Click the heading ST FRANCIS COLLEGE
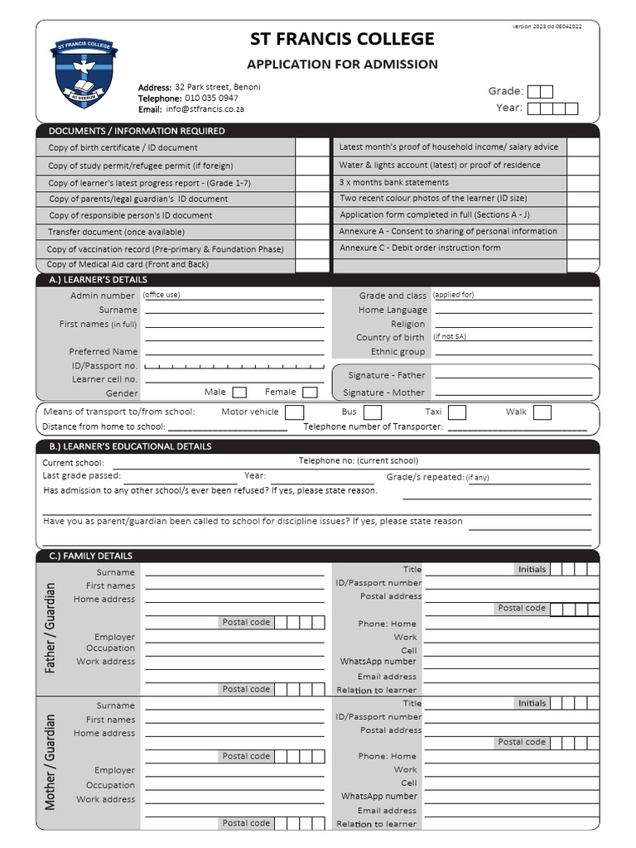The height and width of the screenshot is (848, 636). point(342,39)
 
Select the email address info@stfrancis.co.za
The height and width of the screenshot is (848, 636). point(205,108)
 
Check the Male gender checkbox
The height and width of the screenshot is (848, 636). point(239,393)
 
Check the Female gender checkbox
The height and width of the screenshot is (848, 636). point(310,393)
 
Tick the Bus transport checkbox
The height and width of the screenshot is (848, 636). point(373,412)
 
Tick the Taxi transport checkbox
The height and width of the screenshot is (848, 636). point(457,412)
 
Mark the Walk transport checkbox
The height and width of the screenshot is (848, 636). point(542,412)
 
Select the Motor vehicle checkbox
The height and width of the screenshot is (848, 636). point(294,412)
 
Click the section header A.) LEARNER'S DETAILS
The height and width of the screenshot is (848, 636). point(98,280)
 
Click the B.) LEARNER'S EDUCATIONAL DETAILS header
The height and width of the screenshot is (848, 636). point(130,446)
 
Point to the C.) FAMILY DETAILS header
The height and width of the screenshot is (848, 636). point(90,556)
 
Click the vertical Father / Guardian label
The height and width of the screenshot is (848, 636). point(51,628)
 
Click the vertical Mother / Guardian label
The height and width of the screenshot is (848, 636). point(51,762)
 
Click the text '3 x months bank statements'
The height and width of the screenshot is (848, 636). point(394,182)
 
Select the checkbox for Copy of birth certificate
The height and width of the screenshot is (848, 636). point(312,147)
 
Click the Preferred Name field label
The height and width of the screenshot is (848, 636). point(104,352)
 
